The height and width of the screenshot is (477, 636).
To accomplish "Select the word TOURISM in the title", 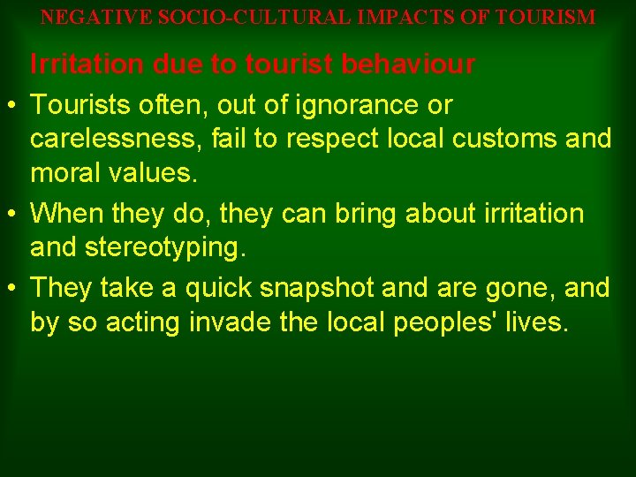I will [545, 17].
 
